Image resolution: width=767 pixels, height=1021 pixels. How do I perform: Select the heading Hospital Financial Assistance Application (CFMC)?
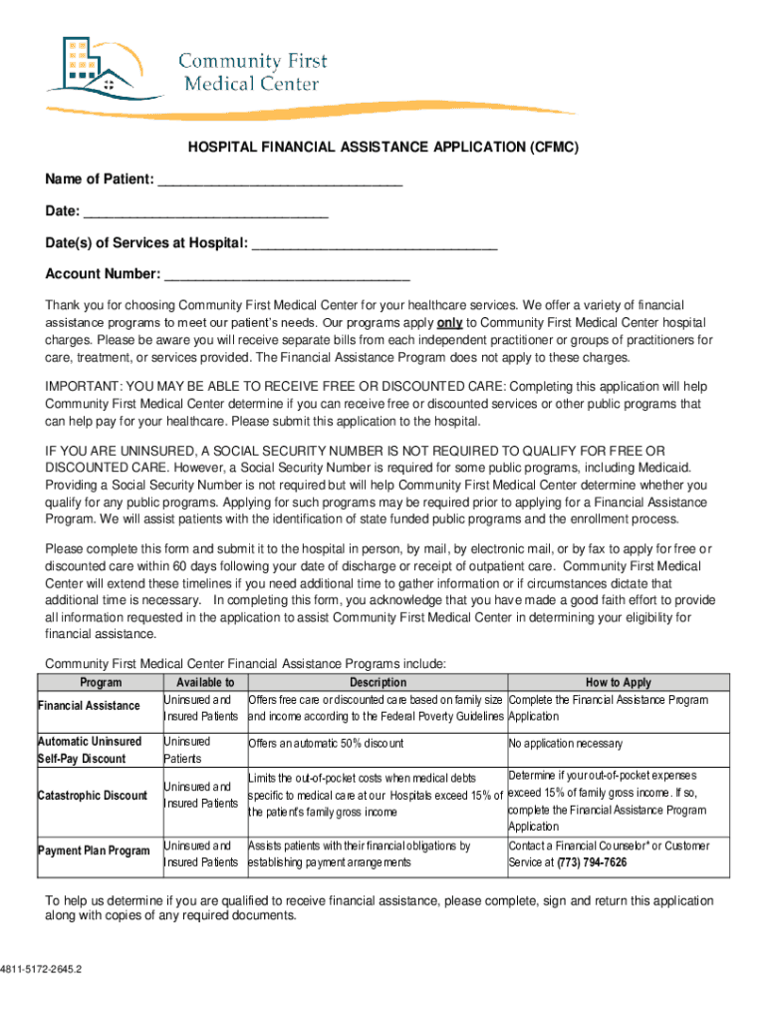pos(383,148)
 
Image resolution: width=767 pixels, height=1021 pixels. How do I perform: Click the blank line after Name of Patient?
pos(280,179)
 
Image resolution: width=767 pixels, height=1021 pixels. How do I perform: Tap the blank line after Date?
pos(206,211)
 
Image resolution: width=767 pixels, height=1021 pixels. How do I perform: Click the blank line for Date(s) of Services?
pos(375,243)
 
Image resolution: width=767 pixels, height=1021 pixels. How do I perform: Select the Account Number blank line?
pos(287,274)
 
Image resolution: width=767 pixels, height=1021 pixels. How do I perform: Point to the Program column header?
pos(100,683)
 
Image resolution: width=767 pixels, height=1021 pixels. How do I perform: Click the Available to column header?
pos(204,683)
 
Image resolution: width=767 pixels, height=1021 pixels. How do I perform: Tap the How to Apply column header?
pos(618,683)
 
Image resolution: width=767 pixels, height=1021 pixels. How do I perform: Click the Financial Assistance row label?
pos(89,706)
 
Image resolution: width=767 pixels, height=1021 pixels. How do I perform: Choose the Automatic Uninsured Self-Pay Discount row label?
pos(90,750)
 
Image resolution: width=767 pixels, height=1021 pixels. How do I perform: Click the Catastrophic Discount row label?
pos(92,795)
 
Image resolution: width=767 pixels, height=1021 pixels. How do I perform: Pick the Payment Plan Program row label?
pos(94,851)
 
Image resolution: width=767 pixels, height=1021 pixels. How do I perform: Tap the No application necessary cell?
pos(565,744)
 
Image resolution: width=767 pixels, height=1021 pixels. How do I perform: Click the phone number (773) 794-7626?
pos(592,862)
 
